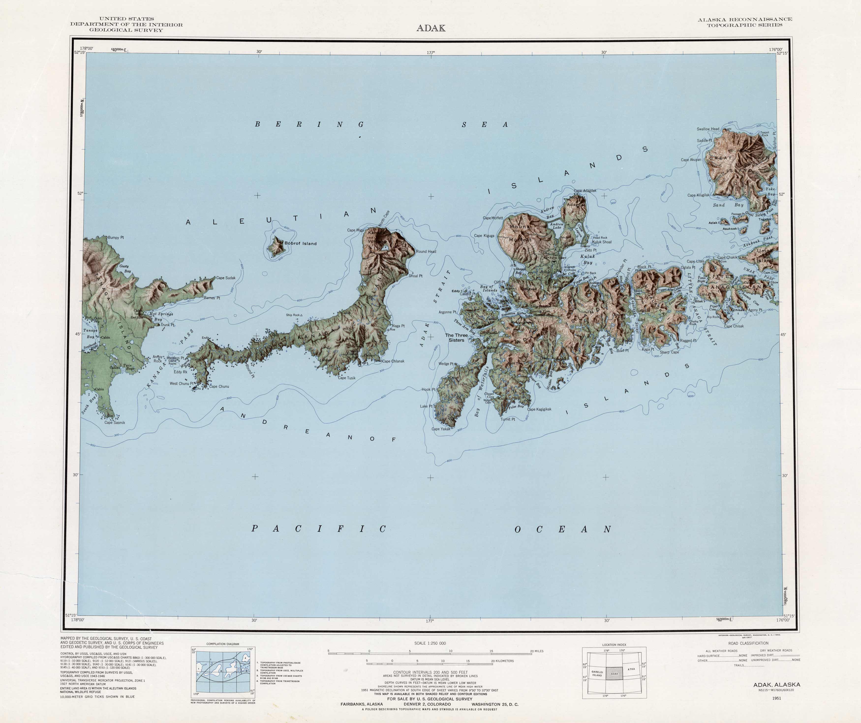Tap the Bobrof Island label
tap(301, 244)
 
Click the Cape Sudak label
tap(226, 278)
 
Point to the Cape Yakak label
tap(441, 429)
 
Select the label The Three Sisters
tap(456, 338)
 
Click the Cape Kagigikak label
tap(539, 409)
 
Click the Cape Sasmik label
tap(115, 422)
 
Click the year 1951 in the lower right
tap(776, 698)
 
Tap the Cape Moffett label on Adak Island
tap(493, 218)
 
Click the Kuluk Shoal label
tap(601, 242)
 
